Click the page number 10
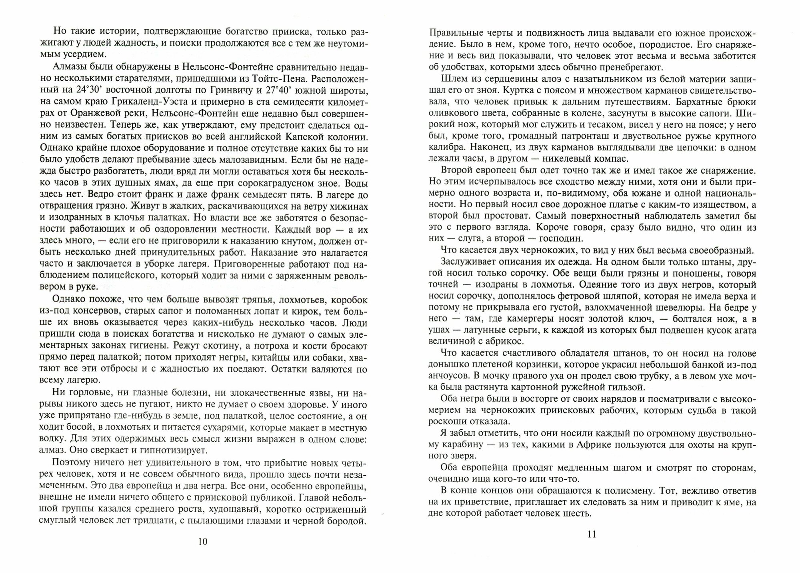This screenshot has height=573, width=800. pyautogui.click(x=203, y=542)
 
